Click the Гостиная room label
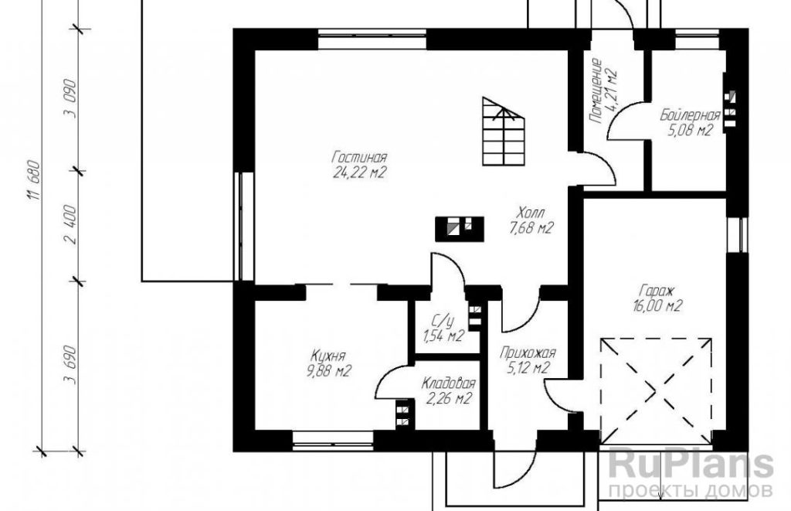pyautogui.click(x=359, y=157)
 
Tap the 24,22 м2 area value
pyautogui.click(x=359, y=173)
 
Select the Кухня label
pyautogui.click(x=328, y=356)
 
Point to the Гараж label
pyautogui.click(x=657, y=291)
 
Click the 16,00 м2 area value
pyautogui.click(x=657, y=306)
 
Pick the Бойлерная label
pyautogui.click(x=690, y=116)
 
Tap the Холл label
pyautogui.click(x=531, y=212)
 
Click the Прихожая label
pyautogui.click(x=528, y=353)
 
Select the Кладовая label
pyautogui.click(x=449, y=383)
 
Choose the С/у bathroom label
pyautogui.click(x=443, y=320)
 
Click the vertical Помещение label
pyautogui.click(x=596, y=91)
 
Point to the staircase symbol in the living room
pyautogui.click(x=504, y=131)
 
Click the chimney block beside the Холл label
pyautogui.click(x=460, y=229)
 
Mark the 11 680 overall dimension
pyautogui.click(x=34, y=180)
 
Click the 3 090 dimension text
pyautogui.click(x=71, y=98)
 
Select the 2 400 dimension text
pyautogui.click(x=71, y=225)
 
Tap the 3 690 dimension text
pyautogui.click(x=71, y=365)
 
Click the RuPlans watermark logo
pyautogui.click(x=691, y=465)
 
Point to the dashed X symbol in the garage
pyautogui.click(x=656, y=390)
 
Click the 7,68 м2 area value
pyautogui.click(x=531, y=228)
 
